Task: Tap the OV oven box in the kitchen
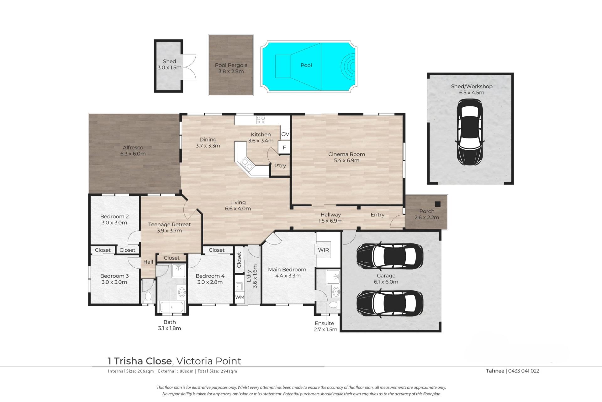point(285,134)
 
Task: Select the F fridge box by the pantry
point(284,147)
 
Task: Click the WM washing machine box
point(240,297)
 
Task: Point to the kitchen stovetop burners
point(261,120)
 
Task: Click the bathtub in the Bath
point(172,307)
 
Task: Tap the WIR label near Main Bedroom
point(323,250)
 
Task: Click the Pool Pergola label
point(231,65)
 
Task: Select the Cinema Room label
point(346,154)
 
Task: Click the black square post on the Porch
point(438,204)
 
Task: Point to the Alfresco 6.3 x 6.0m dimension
point(133,154)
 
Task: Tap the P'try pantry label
point(280,166)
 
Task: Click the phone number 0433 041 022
point(523,371)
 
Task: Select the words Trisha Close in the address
point(143,361)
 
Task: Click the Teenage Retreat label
point(169,224)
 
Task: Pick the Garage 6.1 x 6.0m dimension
point(386,282)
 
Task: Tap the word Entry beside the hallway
point(378,215)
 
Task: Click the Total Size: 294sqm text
point(217,371)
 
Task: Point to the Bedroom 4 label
point(210,276)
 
